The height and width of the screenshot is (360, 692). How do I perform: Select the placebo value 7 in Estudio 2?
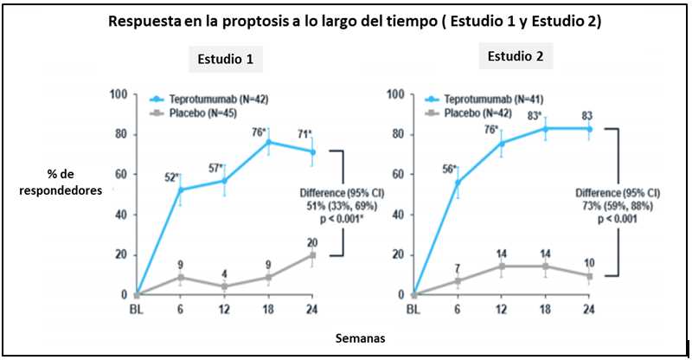[458, 269]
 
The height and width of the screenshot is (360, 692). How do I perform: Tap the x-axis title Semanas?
[362, 338]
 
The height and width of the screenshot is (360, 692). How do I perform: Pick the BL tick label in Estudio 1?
[136, 308]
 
